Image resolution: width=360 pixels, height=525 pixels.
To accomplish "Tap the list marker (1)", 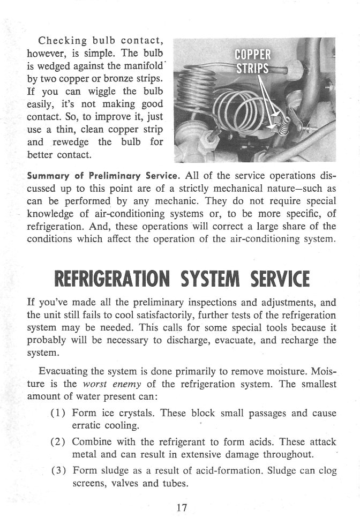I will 58,413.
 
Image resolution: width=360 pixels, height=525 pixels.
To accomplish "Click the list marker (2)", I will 58,442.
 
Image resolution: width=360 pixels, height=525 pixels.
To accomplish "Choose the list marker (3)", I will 58,471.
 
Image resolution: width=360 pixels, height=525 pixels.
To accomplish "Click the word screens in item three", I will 90,484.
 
